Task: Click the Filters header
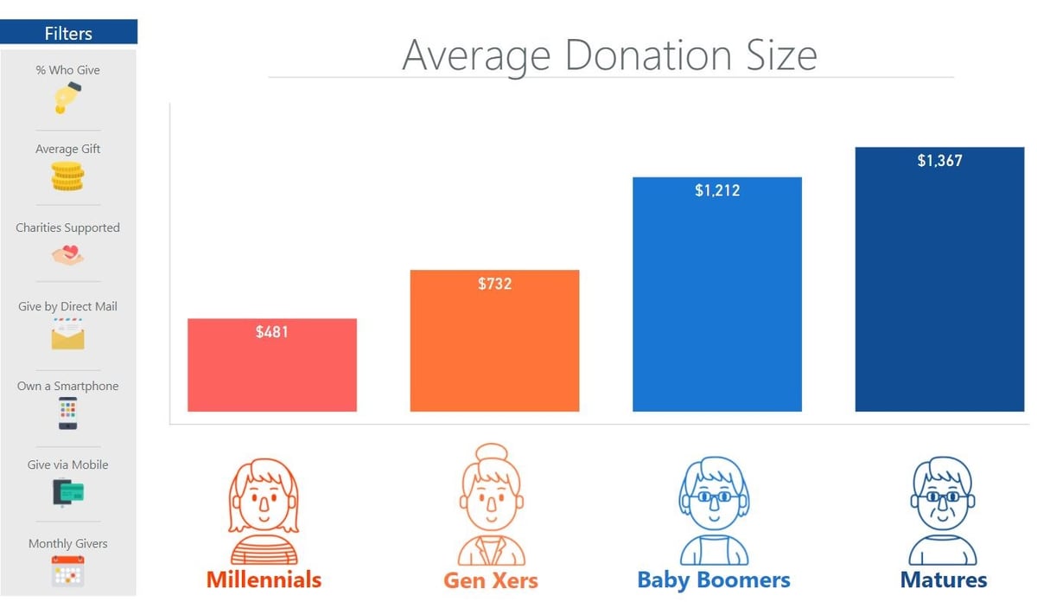(68, 33)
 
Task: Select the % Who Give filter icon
(67, 98)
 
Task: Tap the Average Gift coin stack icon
(67, 176)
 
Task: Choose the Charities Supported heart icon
(67, 255)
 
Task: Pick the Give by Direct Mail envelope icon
(67, 334)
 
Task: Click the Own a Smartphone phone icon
(67, 413)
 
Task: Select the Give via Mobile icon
(67, 492)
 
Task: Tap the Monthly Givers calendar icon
(67, 572)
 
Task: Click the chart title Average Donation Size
(609, 55)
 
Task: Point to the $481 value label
(271, 331)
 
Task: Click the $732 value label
(494, 283)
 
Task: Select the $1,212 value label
(717, 190)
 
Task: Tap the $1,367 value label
(939, 160)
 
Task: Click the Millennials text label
(264, 579)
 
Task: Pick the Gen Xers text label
(490, 580)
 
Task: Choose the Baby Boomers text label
(714, 579)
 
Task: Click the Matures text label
(944, 579)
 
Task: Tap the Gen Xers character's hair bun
(490, 455)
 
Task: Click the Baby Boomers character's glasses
(714, 496)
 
